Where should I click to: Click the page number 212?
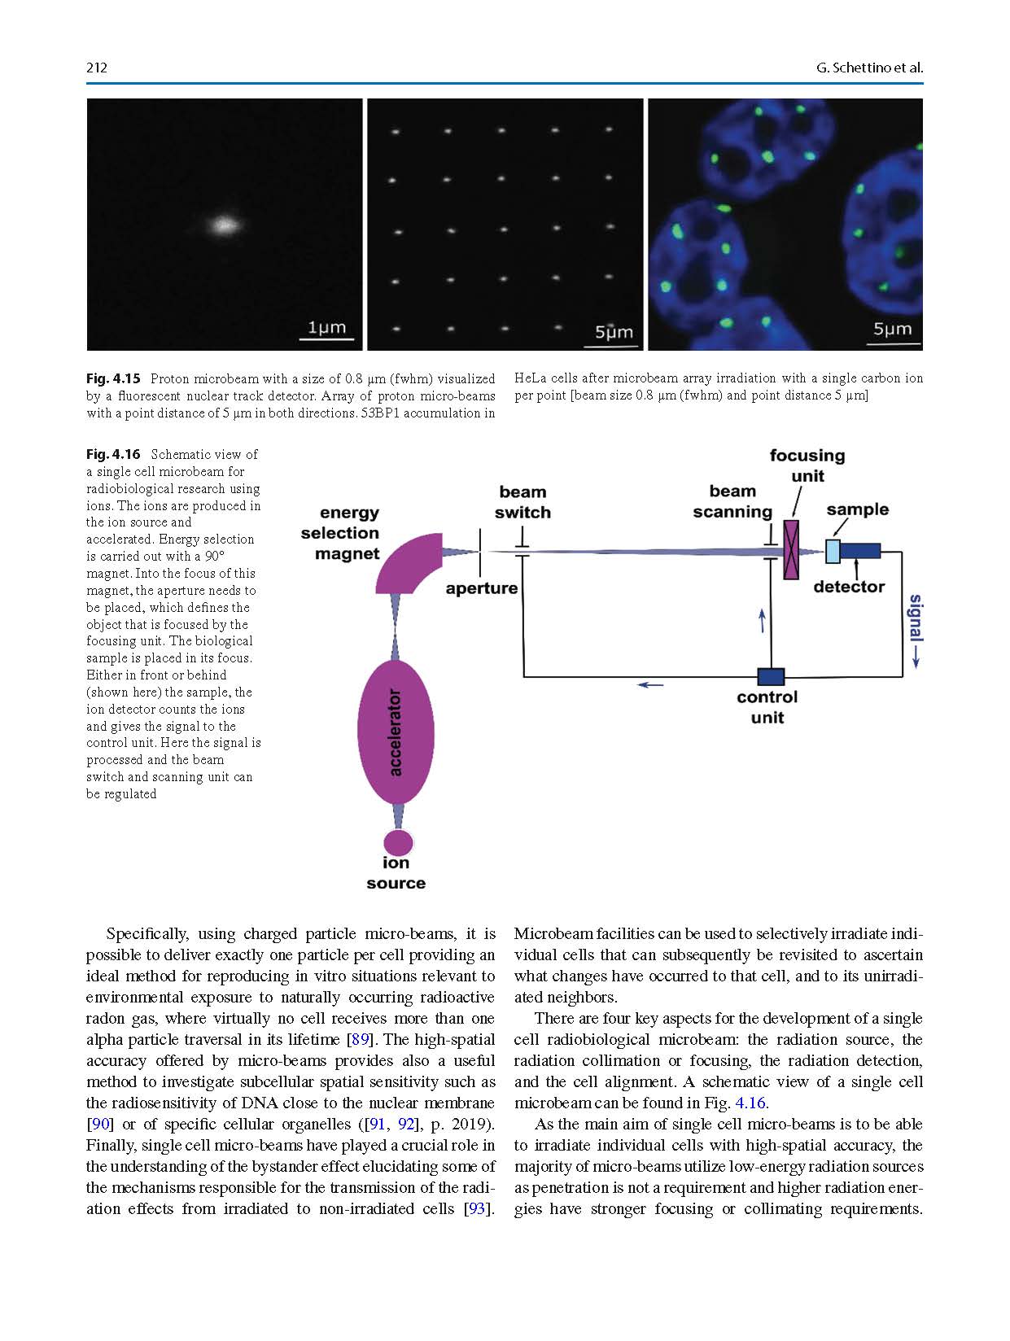[x=97, y=68]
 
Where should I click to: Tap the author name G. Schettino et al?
[x=869, y=68]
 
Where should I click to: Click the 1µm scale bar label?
[x=326, y=327]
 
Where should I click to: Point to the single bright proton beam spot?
[x=223, y=224]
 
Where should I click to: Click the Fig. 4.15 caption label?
[x=113, y=378]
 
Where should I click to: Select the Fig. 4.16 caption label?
[x=113, y=454]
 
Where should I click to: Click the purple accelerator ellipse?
[x=396, y=732]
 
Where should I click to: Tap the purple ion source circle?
[x=398, y=842]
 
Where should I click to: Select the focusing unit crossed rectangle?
[x=790, y=550]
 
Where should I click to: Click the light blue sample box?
[x=833, y=551]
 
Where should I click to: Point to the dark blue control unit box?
[x=770, y=676]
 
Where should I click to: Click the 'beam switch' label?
[x=522, y=502]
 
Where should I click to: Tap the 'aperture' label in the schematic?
[x=482, y=588]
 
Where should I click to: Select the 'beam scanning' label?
[x=732, y=501]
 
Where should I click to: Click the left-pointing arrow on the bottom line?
[x=650, y=685]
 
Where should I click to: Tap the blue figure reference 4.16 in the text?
[x=751, y=1103]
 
